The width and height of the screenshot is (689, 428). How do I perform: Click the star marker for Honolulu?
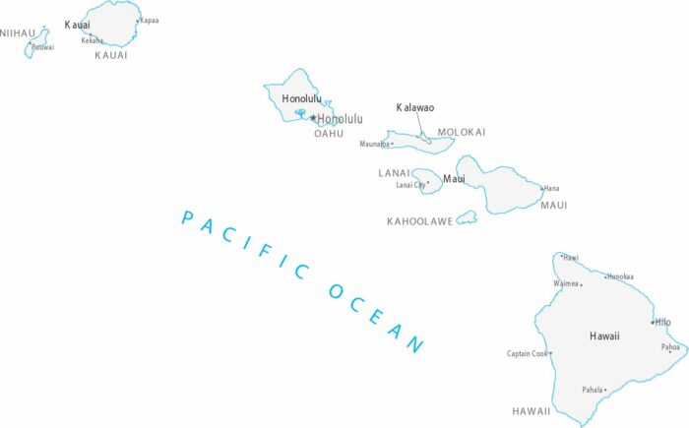pos(313,118)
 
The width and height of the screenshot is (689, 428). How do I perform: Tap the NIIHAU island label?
pos(17,33)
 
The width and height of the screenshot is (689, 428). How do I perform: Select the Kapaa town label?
pos(149,20)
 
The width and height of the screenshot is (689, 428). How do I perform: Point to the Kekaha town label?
pos(92,40)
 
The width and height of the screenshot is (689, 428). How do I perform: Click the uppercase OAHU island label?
pos(329,134)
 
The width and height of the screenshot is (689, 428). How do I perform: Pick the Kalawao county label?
pos(415,107)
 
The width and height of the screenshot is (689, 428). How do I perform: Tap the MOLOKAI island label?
pos(462,132)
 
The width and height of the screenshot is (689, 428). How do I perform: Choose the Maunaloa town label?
pos(374,145)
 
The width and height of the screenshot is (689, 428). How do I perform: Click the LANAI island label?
pos(394,173)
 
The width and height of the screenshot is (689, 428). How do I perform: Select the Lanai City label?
pos(410,184)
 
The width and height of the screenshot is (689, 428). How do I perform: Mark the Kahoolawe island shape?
pos(467,217)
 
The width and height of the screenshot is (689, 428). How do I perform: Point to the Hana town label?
pos(552,188)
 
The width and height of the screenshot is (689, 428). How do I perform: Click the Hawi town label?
pos(571,258)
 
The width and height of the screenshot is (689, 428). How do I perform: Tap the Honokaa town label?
pos(620,276)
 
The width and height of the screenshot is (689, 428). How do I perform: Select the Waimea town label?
pos(566,283)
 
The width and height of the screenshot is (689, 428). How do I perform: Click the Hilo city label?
pos(662,322)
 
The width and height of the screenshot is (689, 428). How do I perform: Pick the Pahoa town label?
pos(670,347)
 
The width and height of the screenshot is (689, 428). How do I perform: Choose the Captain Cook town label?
pos(527,354)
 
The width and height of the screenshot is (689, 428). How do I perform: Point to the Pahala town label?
pos(592,390)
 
